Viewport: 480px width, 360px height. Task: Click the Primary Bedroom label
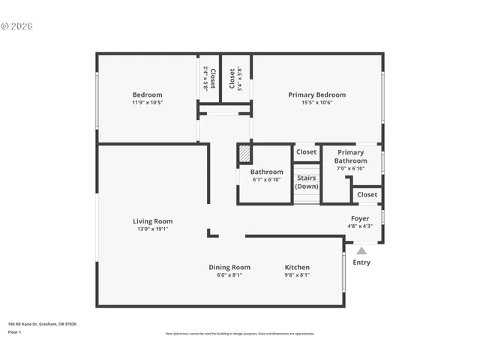(x=317, y=94)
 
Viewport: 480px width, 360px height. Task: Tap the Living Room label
(x=152, y=221)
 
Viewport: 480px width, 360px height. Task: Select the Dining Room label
(x=229, y=267)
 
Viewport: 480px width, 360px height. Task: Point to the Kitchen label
(x=297, y=267)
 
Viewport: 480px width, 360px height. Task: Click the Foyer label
(x=360, y=218)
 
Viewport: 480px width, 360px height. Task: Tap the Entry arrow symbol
(x=361, y=251)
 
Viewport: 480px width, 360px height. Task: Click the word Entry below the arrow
(x=361, y=262)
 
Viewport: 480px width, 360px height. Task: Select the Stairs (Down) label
(x=306, y=182)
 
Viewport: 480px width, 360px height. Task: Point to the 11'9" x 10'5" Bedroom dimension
(x=148, y=103)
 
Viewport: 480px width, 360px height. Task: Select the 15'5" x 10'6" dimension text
(x=317, y=103)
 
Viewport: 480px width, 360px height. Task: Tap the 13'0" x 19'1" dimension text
(x=152, y=229)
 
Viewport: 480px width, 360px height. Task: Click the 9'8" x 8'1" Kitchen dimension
(x=297, y=275)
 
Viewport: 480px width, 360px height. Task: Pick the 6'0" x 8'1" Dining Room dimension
(x=229, y=275)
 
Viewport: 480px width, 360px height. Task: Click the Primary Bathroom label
(x=350, y=157)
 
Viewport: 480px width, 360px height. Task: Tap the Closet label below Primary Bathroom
(x=367, y=195)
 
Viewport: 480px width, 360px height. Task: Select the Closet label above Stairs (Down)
(x=306, y=152)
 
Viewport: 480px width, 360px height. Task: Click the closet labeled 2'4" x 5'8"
(x=209, y=78)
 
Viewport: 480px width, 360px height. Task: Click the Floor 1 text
(x=15, y=331)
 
